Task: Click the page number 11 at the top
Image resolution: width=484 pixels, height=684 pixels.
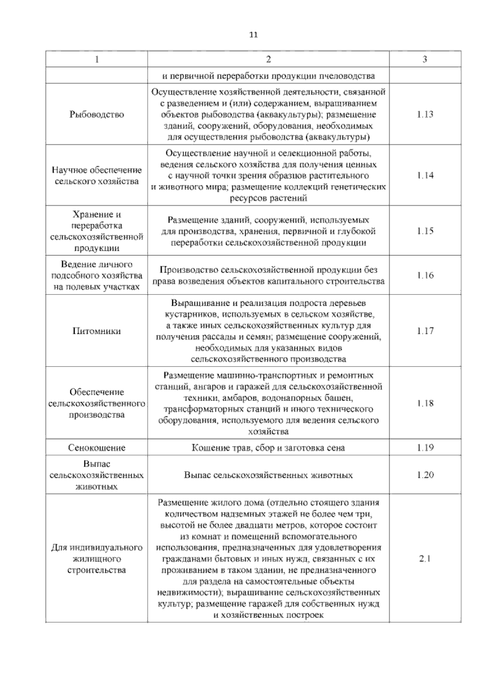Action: [253, 35]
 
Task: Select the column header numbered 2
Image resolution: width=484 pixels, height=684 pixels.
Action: [268, 59]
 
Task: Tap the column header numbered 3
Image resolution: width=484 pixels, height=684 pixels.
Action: [425, 59]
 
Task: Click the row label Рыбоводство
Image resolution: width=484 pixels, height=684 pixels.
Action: [97, 114]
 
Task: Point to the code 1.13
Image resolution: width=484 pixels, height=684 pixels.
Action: [425, 114]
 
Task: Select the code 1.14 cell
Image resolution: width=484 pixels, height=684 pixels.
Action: [425, 175]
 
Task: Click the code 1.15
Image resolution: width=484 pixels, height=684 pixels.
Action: [425, 231]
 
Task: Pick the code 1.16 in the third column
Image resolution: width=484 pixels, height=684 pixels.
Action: [425, 275]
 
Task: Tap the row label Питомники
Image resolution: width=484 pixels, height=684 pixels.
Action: [97, 331]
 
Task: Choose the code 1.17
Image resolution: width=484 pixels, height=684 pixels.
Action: [425, 331]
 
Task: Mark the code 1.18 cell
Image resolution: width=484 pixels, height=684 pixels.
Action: [425, 403]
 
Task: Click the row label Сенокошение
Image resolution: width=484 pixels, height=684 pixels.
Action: [97, 448]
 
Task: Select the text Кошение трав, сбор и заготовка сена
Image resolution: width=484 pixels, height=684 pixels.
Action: [268, 448]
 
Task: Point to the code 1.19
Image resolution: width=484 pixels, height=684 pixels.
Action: [425, 448]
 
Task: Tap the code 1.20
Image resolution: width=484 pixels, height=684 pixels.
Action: [425, 475]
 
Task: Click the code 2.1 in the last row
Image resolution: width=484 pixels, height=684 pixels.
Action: [425, 559]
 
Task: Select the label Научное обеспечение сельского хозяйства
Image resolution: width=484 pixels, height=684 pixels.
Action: [97, 175]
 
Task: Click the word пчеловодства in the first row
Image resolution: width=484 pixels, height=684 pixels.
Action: [347, 76]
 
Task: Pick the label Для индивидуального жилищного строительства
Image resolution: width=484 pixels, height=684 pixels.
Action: [97, 559]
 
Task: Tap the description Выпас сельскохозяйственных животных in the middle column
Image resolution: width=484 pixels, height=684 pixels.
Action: [268, 475]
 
